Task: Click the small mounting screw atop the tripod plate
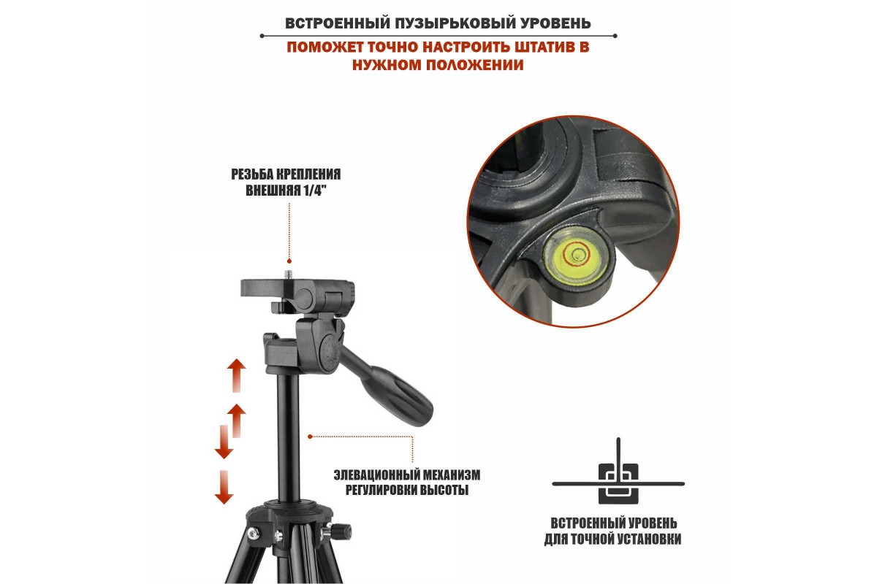tap(289, 274)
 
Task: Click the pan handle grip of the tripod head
tap(395, 396)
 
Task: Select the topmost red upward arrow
tap(237, 375)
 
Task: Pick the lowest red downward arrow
tap(224, 488)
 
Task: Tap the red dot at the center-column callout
tap(310, 437)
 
